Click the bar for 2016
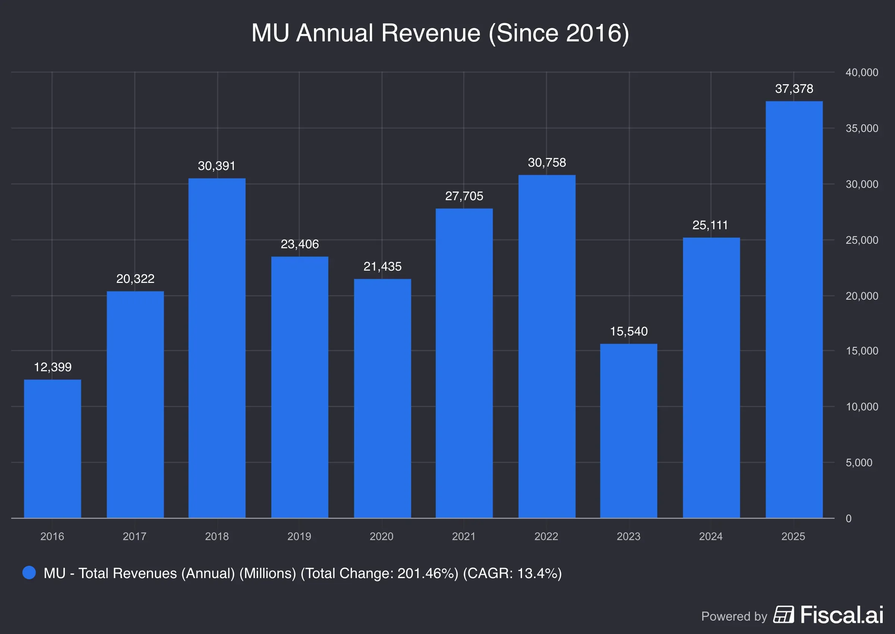(52, 449)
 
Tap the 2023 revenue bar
(628, 431)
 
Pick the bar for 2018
(217, 348)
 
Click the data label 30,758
(547, 163)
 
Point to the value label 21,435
(382, 266)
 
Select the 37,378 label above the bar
(794, 89)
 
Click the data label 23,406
(299, 244)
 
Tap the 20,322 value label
(135, 279)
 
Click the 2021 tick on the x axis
(464, 536)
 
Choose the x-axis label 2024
(711, 536)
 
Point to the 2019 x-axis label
(299, 536)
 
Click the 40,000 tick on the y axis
(862, 72)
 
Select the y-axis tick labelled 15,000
(862, 351)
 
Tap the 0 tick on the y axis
(848, 518)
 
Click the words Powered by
(734, 616)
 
